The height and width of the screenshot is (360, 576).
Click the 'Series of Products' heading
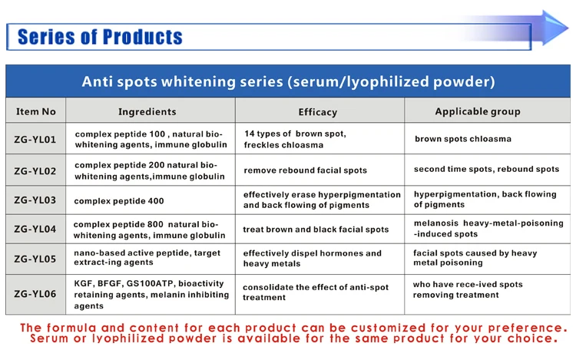tap(100, 37)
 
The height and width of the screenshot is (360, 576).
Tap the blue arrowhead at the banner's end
tap(554, 28)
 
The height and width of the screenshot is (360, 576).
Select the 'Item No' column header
tap(35, 111)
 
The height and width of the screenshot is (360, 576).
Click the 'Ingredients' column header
tap(147, 111)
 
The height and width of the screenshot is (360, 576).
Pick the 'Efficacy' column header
tap(318, 112)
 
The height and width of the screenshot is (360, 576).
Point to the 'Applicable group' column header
tap(478, 111)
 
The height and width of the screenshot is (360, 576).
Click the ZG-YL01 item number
tap(35, 140)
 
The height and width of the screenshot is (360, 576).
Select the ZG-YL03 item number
tap(35, 200)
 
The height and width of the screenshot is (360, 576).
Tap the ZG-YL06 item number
tap(35, 294)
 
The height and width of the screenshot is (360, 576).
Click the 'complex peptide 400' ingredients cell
tap(119, 201)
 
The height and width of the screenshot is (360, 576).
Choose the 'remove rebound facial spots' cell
tap(305, 170)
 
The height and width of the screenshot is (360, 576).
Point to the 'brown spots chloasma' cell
tap(463, 139)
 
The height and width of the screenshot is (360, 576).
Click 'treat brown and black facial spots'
tap(316, 230)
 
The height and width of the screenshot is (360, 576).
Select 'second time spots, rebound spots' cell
tap(486, 169)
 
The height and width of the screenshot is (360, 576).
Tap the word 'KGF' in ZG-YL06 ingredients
tap(83, 284)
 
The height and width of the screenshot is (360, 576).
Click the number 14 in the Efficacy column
tap(250, 134)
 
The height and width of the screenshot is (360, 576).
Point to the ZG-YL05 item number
tap(35, 259)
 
